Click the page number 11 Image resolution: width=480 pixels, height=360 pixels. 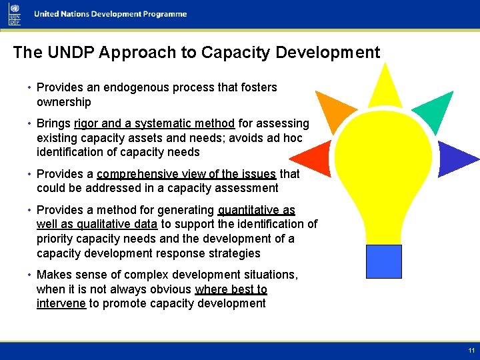pyautogui.click(x=471, y=350)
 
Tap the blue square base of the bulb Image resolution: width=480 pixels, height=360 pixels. pyautogui.click(x=384, y=261)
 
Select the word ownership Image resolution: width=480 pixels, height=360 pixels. pyautogui.click(x=63, y=102)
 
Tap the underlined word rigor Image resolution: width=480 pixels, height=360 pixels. pyautogui.click(x=86, y=123)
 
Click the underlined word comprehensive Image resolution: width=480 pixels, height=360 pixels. pyautogui.click(x=137, y=174)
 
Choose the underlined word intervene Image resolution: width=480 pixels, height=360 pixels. pyautogui.click(x=61, y=303)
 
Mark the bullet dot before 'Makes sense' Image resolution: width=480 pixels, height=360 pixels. pyautogui.click(x=31, y=275)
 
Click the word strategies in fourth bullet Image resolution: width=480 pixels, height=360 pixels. pyautogui.click(x=232, y=253)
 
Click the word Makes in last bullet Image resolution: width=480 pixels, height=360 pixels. pyautogui.click(x=53, y=275)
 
